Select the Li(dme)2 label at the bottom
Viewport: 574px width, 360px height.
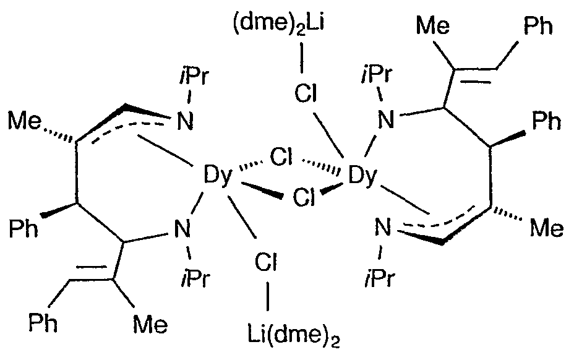(294, 336)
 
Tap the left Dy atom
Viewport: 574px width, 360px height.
(218, 175)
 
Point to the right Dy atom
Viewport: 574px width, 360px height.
(362, 175)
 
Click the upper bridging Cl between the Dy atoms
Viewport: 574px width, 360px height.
(281, 158)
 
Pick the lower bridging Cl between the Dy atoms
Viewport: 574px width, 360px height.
(304, 197)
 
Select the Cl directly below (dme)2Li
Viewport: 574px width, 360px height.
(306, 93)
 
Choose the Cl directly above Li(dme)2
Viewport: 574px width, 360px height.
(266, 262)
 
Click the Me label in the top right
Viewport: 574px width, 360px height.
(433, 26)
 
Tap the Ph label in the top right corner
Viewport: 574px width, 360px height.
(538, 26)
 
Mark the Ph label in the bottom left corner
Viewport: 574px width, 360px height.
(43, 323)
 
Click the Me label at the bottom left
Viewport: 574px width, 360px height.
(150, 325)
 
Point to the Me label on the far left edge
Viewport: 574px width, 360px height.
(25, 121)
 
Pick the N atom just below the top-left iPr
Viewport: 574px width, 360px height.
(185, 121)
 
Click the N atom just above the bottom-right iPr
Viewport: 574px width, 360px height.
(383, 228)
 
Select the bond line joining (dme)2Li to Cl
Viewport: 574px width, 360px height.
(302, 59)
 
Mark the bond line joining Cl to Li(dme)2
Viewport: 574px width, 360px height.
(268, 296)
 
